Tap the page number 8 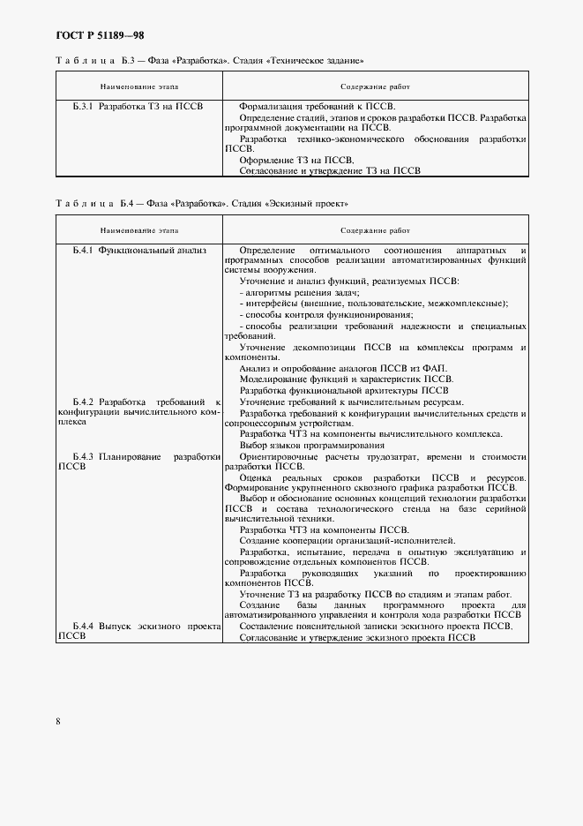click(x=58, y=721)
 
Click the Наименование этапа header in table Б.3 click(x=139, y=87)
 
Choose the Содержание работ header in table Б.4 click(x=375, y=230)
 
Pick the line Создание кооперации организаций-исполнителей click(x=347, y=540)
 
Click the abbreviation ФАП click(x=437, y=368)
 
